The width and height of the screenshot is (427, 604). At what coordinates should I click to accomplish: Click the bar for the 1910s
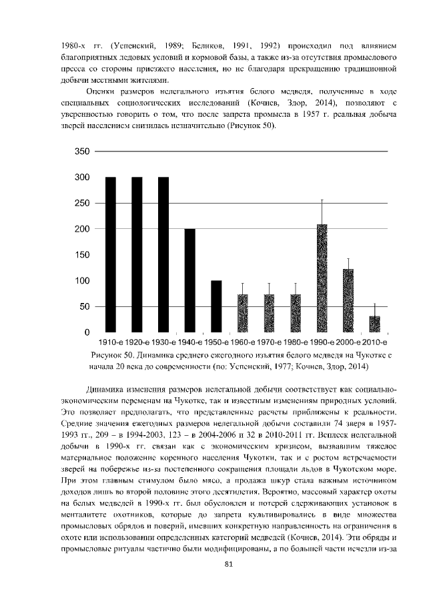111,254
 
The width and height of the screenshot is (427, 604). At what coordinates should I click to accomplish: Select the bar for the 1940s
190,280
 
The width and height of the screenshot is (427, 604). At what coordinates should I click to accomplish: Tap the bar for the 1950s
216,306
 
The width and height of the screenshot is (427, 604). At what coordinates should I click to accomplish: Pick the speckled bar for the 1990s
322,278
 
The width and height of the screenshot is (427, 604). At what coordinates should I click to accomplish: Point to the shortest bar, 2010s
375,324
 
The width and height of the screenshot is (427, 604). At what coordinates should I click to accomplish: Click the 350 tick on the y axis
81,152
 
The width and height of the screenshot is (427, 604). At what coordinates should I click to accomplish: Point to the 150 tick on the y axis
81,256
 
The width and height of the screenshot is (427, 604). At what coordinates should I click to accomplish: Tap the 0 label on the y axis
86,332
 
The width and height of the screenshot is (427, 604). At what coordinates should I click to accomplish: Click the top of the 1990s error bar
322,200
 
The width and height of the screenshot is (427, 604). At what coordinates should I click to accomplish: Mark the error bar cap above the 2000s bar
348,258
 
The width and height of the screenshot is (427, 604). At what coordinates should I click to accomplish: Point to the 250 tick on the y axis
81,204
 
